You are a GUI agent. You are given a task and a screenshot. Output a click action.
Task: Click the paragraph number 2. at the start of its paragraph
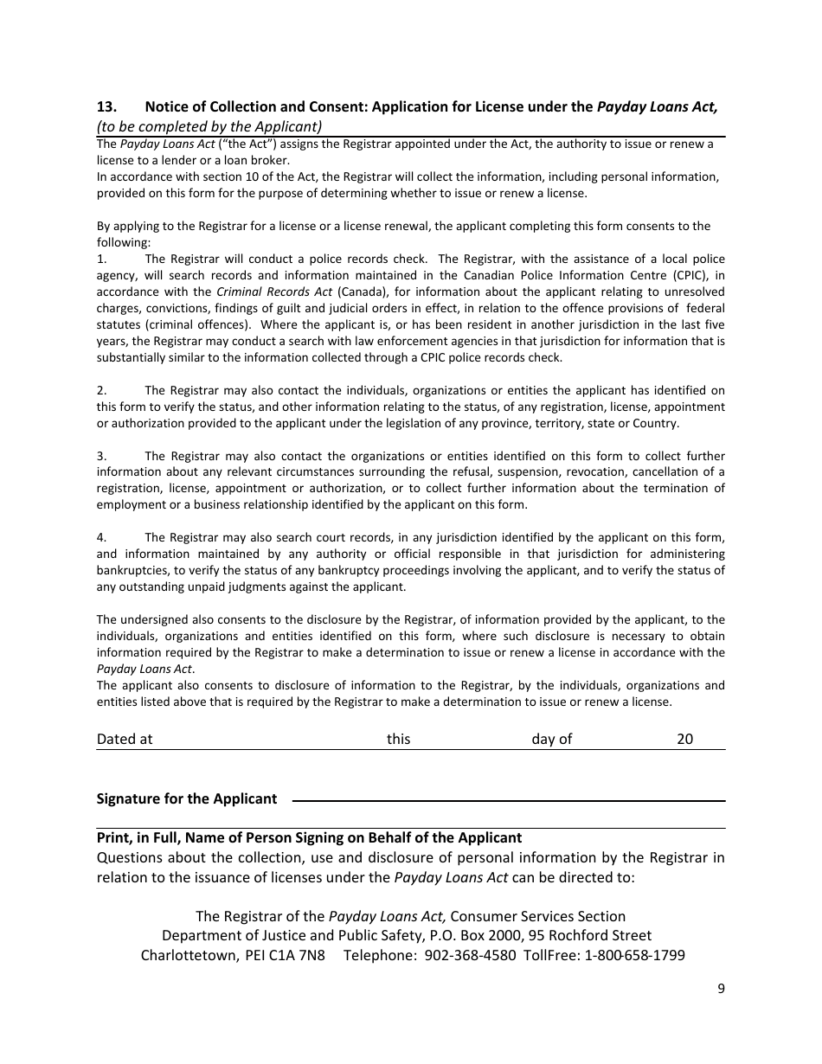pyautogui.click(x=101, y=391)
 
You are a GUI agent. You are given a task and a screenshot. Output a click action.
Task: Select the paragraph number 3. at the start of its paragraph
pyautogui.click(x=101, y=456)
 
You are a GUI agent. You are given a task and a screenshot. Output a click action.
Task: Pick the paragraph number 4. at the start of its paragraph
pyautogui.click(x=101, y=537)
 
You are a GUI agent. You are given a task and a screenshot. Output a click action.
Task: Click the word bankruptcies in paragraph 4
pyautogui.click(x=132, y=570)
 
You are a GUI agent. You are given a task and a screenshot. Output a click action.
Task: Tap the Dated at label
pyautogui.click(x=125, y=739)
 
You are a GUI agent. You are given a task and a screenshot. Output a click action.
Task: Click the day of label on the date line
pyautogui.click(x=551, y=739)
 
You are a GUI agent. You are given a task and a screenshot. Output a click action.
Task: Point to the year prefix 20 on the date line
pyautogui.click(x=684, y=739)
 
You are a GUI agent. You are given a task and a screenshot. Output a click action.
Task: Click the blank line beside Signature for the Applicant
pyautogui.click(x=508, y=800)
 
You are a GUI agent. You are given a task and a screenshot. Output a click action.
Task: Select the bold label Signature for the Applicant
pyautogui.click(x=187, y=798)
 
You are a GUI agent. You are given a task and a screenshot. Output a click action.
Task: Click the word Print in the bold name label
pyautogui.click(x=114, y=837)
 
